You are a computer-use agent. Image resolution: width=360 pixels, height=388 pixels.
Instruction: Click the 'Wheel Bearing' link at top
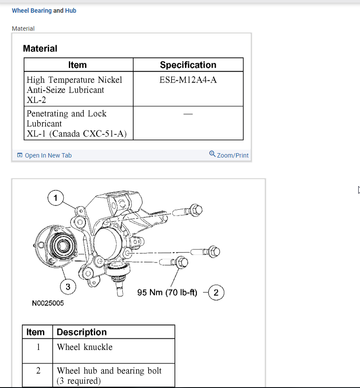pyautogui.click(x=32, y=11)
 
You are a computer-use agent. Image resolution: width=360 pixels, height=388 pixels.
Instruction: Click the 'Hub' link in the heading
pyautogui.click(x=71, y=11)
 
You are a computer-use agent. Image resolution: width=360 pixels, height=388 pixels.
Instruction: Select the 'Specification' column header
pyautogui.click(x=188, y=65)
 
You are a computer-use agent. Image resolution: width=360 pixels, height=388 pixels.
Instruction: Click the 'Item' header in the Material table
pyautogui.click(x=78, y=65)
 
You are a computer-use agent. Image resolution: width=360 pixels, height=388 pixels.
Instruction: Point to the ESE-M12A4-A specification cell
pyautogui.click(x=188, y=80)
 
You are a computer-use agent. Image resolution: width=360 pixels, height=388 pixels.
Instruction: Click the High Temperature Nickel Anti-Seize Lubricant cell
pyautogui.click(x=75, y=90)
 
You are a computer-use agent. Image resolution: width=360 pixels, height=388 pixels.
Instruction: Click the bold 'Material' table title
pyautogui.click(x=40, y=49)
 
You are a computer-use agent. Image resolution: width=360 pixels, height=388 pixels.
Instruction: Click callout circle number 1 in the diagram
pyautogui.click(x=55, y=198)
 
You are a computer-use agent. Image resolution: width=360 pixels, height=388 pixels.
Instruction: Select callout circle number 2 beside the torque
pyautogui.click(x=216, y=292)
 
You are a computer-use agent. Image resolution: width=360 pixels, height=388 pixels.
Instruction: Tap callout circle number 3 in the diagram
pyautogui.click(x=68, y=287)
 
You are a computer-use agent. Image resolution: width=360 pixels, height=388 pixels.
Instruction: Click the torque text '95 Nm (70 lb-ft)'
pyautogui.click(x=168, y=292)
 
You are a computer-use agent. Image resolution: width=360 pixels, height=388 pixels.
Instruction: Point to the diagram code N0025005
pyautogui.click(x=48, y=303)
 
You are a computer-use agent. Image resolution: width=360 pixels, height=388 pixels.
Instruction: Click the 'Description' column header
pyautogui.click(x=82, y=332)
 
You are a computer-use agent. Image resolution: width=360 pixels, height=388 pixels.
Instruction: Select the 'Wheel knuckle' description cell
pyautogui.click(x=85, y=347)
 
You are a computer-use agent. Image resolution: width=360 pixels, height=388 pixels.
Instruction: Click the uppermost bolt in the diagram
pyautogui.click(x=189, y=212)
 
